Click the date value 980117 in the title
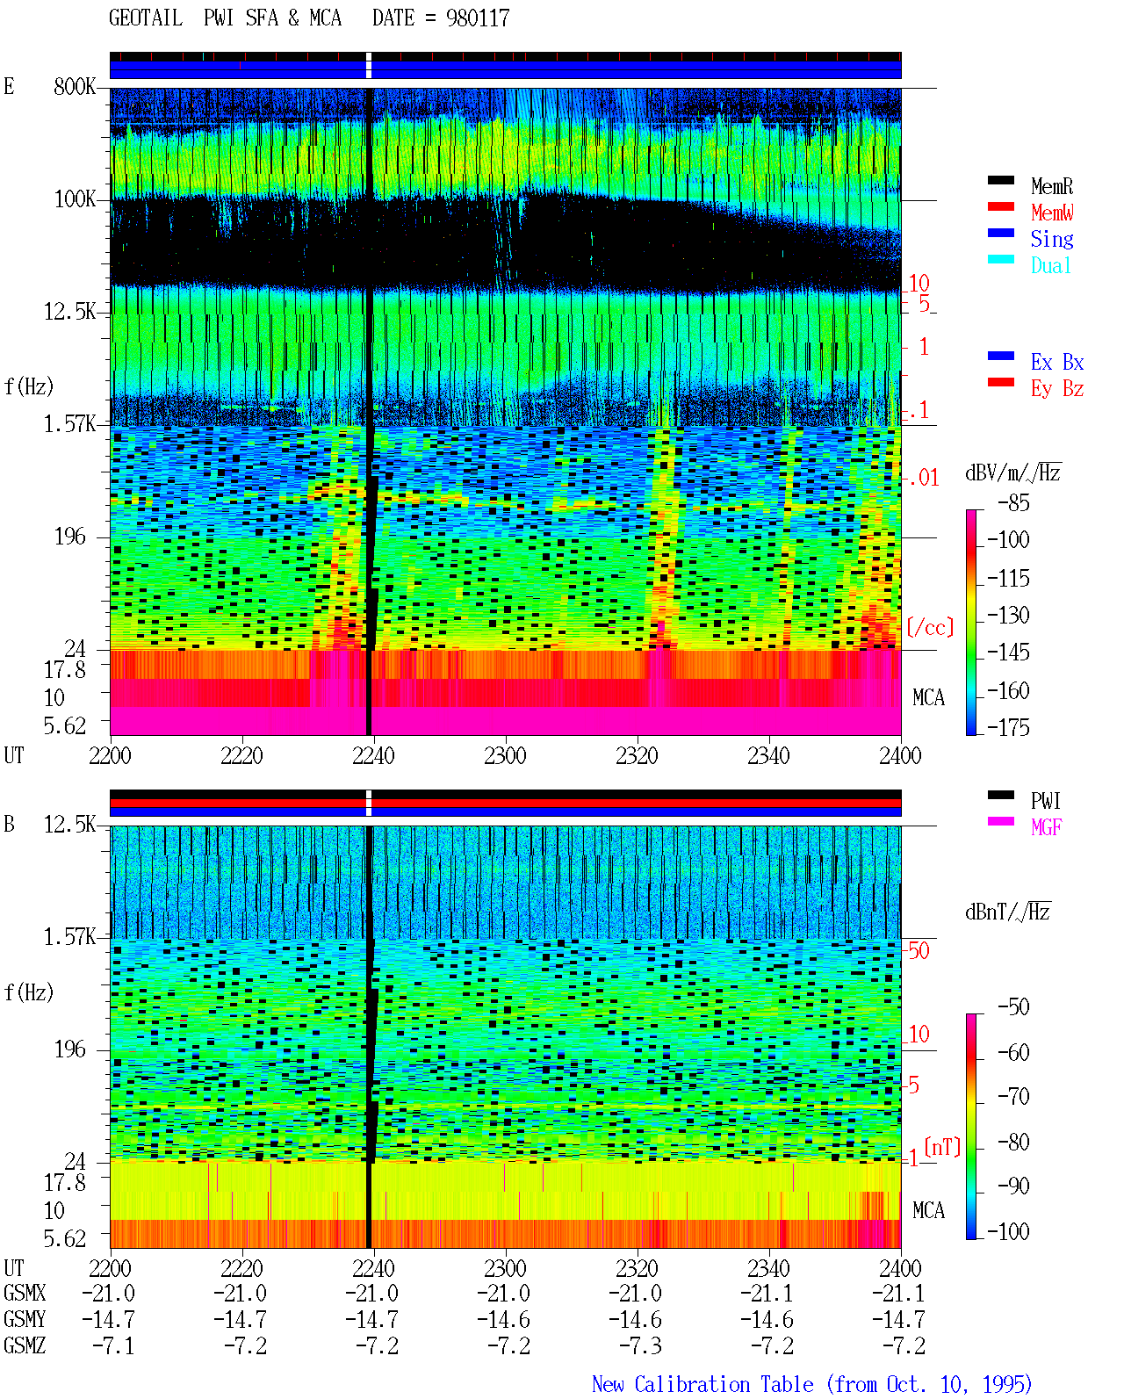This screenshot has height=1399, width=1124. (478, 18)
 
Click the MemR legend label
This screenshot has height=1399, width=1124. (1052, 186)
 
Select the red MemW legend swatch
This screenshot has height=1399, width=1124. (1000, 206)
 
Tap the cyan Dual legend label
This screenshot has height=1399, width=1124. (1051, 265)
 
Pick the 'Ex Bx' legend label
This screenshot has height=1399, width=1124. (1057, 362)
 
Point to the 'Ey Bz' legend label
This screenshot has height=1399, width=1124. (1057, 388)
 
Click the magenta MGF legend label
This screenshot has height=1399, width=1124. (1046, 827)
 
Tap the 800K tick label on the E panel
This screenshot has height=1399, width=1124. (74, 86)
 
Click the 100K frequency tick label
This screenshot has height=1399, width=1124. (74, 199)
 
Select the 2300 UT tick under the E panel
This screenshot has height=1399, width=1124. (505, 755)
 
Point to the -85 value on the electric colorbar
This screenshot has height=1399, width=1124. (1013, 502)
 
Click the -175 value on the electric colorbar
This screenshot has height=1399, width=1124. (1008, 727)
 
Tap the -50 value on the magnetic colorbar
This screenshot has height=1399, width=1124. (1013, 1007)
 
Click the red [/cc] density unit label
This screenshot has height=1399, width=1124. (930, 627)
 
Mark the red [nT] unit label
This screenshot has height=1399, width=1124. (942, 1147)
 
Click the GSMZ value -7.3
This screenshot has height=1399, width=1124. (639, 1345)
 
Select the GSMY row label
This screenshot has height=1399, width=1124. (25, 1319)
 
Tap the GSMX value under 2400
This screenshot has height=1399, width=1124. (897, 1293)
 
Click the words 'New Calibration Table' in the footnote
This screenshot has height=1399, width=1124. (702, 1384)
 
